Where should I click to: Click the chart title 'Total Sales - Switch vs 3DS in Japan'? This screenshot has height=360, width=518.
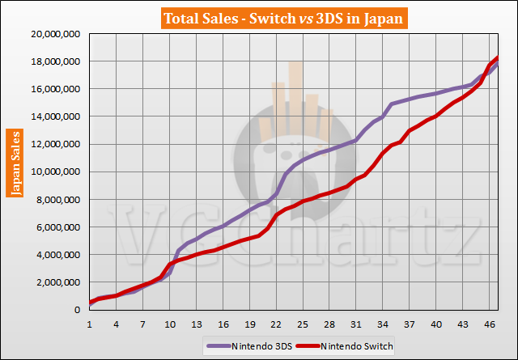pyautogui.click(x=259, y=16)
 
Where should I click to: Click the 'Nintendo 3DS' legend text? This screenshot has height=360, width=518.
pyautogui.click(x=262, y=346)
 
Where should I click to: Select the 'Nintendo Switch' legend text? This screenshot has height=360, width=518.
pyautogui.click(x=359, y=346)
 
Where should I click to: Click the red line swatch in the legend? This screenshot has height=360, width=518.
pyautogui.click(x=304, y=346)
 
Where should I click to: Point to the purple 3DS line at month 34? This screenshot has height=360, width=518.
pyautogui.click(x=382, y=116)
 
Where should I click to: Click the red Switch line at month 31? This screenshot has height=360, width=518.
pyautogui.click(x=356, y=179)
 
